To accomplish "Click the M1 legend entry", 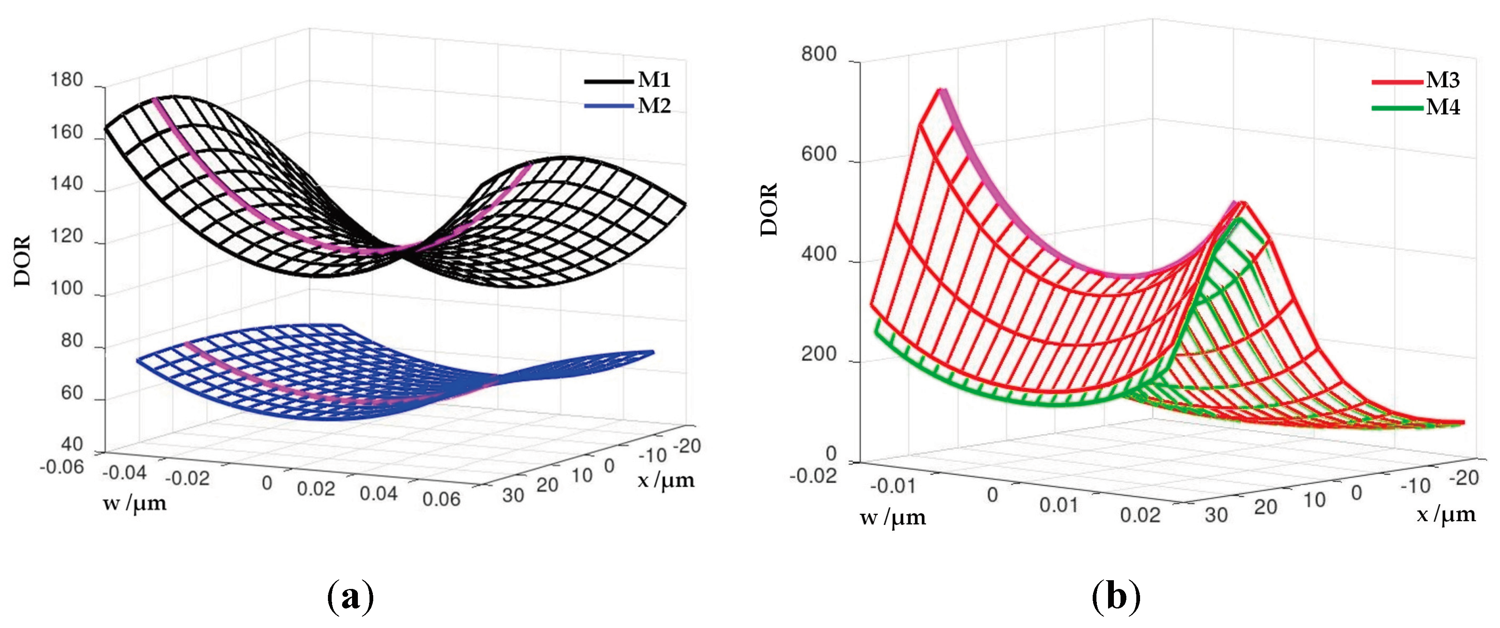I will tap(653, 80).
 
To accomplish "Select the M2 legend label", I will tap(653, 106).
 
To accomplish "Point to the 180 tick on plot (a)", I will tap(67, 80).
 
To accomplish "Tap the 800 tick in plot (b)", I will tap(818, 54).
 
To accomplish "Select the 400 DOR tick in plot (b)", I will tap(818, 254).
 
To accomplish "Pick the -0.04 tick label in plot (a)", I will tap(123, 473).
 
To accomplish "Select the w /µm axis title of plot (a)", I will tap(135, 503).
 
